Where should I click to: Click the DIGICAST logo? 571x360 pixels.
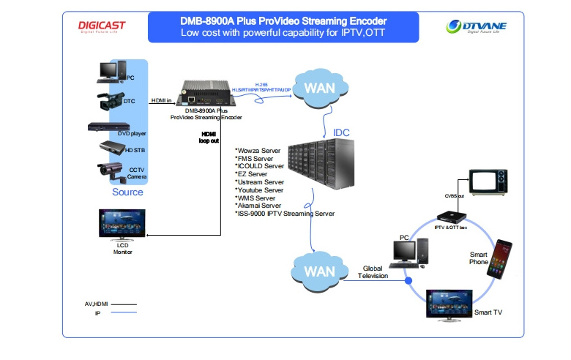[102, 27]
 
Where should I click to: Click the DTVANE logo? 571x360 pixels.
[476, 28]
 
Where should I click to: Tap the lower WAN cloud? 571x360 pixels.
[319, 270]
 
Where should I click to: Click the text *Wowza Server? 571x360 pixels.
[258, 151]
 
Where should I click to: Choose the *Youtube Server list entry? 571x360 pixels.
[260, 190]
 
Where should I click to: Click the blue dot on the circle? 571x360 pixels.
[408, 281]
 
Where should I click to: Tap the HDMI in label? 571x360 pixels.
[162, 100]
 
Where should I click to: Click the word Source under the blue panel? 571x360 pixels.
[127, 192]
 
